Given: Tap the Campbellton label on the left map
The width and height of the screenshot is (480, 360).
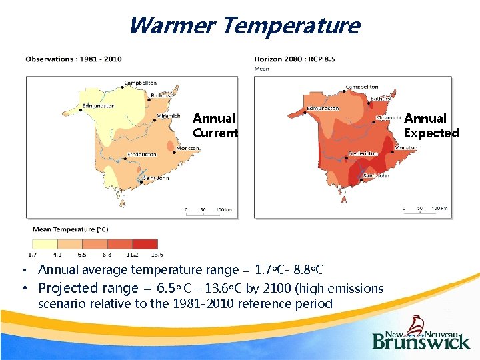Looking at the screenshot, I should point(140,83).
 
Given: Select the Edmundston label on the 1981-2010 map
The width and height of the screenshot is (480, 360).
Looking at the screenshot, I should point(97,105).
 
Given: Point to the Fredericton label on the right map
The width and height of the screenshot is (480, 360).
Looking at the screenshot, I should point(362,153).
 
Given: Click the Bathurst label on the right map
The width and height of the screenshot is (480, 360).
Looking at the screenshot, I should point(382,99).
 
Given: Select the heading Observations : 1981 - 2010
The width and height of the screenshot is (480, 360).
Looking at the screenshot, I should point(73,59).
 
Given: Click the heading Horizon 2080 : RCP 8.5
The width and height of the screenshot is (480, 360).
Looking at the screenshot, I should point(295,59).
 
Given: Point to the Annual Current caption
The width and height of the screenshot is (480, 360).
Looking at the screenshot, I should point(215,125).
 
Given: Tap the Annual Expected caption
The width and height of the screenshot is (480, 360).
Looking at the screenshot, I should point(431,125).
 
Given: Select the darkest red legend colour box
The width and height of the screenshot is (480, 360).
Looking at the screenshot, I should point(145,243).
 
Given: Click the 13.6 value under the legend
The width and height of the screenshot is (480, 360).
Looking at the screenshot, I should point(157,254).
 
